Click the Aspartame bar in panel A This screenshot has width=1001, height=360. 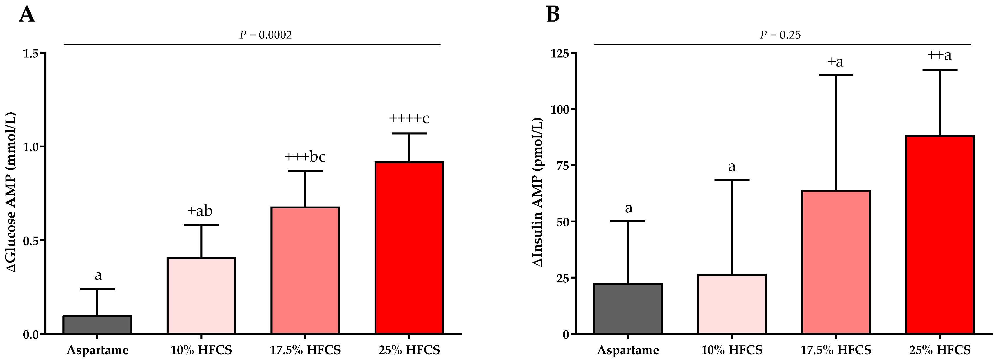pyautogui.click(x=97, y=325)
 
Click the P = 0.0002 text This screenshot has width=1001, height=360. pyautogui.click(x=265, y=35)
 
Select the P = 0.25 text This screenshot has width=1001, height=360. pyautogui.click(x=780, y=35)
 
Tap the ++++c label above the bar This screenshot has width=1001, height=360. pyautogui.click(x=409, y=118)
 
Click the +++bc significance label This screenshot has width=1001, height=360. pyautogui.click(x=305, y=157)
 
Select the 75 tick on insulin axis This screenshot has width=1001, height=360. pyautogui.click(x=562, y=166)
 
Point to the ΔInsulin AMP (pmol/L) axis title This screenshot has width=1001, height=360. pyautogui.click(x=538, y=193)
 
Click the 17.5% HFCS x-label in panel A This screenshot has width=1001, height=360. pyautogui.click(x=305, y=350)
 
